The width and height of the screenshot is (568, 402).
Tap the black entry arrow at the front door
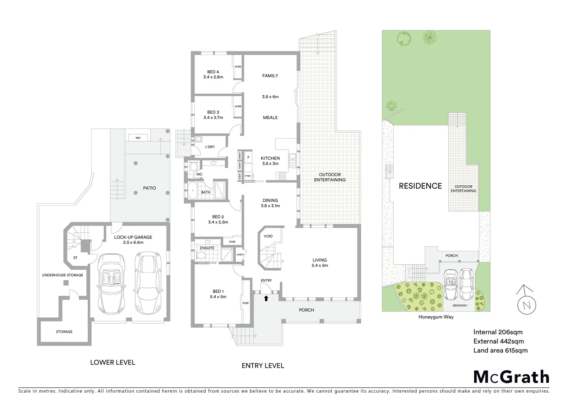click(x=266, y=298)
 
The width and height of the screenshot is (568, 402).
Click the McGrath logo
click(x=511, y=377)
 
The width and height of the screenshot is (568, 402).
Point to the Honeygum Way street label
click(x=436, y=317)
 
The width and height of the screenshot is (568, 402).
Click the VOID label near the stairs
click(x=268, y=236)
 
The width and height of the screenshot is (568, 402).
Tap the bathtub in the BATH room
click(x=192, y=190)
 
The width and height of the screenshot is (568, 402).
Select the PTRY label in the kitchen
click(x=248, y=176)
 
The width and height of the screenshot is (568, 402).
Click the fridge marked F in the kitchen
click(x=248, y=158)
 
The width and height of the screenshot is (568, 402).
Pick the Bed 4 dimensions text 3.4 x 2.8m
click(x=213, y=77)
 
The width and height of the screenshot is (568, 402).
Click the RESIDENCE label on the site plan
click(x=420, y=186)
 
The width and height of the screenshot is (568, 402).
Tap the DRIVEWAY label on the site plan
click(x=460, y=306)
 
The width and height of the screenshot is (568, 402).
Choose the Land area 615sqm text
click(x=500, y=350)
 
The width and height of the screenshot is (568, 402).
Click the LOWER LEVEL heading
click(x=113, y=362)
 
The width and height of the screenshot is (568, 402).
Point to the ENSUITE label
click(x=207, y=248)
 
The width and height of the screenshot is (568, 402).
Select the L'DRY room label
click(x=210, y=147)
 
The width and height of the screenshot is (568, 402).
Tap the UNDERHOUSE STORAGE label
click(x=62, y=275)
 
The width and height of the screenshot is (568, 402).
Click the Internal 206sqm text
click(x=498, y=332)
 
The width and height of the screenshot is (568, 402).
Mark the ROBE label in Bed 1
click(x=245, y=303)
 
